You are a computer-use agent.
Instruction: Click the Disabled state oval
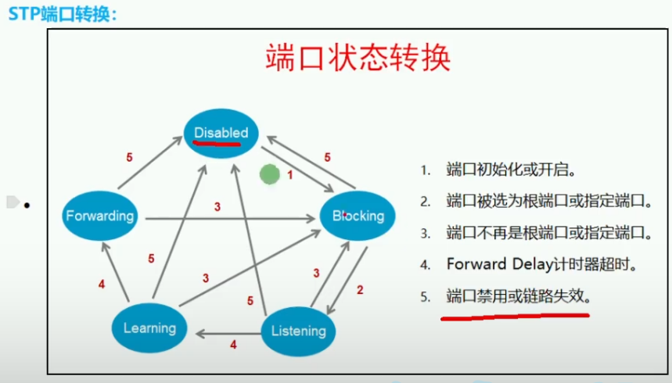[221, 132]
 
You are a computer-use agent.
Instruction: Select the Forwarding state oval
[100, 215]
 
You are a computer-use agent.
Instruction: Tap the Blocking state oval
[358, 216]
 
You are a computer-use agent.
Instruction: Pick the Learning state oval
[149, 328]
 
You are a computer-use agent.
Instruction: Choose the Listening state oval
[298, 330]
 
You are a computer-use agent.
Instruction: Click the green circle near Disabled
[270, 174]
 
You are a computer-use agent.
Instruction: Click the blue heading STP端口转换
[63, 13]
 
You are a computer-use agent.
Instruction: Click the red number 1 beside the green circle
[289, 175]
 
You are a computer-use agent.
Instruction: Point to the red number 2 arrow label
[360, 289]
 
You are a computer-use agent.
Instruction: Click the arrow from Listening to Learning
[227, 334]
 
